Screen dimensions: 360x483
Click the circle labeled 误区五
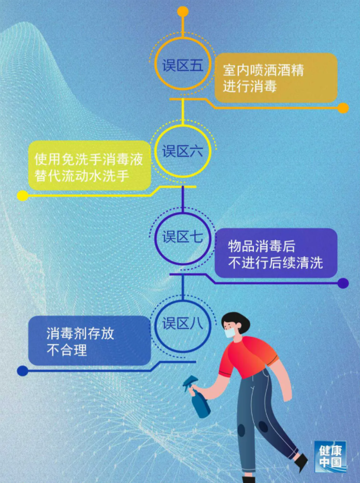click(x=183, y=64)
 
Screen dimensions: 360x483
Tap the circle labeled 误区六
click(x=183, y=151)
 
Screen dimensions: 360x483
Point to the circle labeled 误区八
click(x=183, y=324)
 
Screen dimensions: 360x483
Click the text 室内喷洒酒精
click(x=263, y=70)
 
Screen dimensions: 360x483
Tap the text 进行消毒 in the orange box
click(x=250, y=86)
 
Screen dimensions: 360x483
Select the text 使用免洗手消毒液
click(x=89, y=159)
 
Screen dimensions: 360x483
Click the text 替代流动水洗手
click(x=82, y=176)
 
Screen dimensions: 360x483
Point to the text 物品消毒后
click(x=262, y=246)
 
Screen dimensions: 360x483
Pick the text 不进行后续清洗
click(x=276, y=262)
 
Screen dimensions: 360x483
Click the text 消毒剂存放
click(x=80, y=333)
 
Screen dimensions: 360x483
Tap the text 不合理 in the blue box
click(x=67, y=350)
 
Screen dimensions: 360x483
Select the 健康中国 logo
click(x=330, y=457)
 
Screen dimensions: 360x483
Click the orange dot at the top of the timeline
click(x=183, y=11)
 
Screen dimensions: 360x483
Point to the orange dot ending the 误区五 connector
click(x=343, y=108)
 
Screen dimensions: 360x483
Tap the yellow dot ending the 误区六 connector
click(x=22, y=195)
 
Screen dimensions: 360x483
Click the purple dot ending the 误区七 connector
click(x=343, y=283)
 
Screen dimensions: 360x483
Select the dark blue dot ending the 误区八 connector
click(x=22, y=371)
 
